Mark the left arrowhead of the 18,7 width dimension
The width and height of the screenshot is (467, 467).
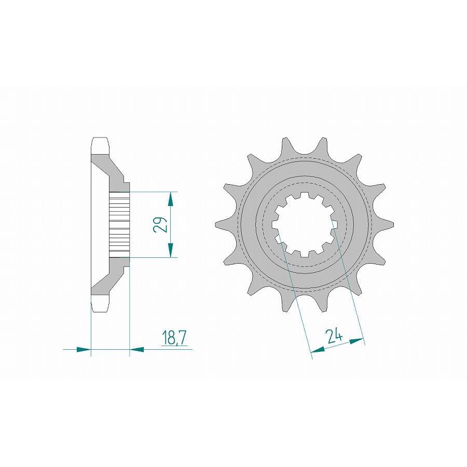(x=84, y=350)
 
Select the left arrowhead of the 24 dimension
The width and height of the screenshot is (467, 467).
(x=317, y=351)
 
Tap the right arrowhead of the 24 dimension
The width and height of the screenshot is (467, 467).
(x=356, y=341)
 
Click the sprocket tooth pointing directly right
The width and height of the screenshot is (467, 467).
(x=391, y=224)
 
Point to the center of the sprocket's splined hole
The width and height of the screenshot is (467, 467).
(x=306, y=225)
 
